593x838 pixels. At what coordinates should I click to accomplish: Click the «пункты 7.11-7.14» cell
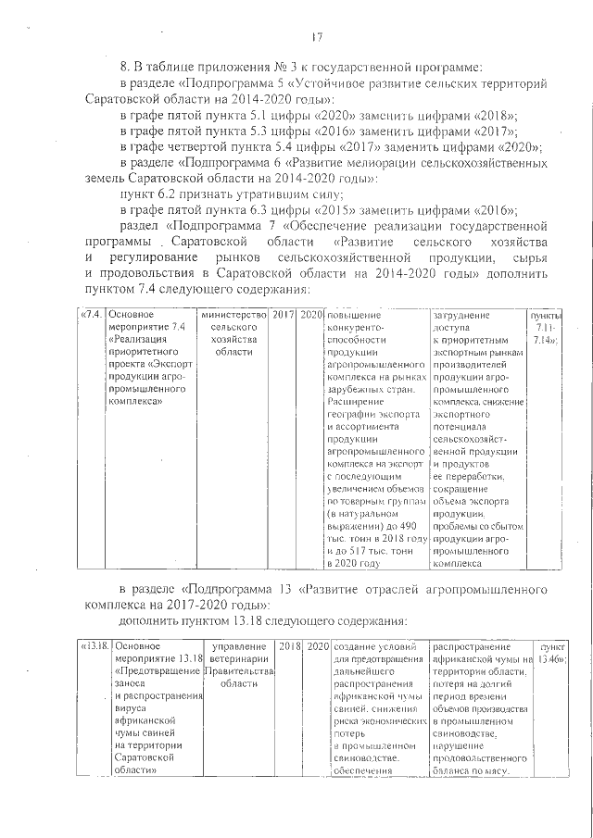(x=545, y=329)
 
